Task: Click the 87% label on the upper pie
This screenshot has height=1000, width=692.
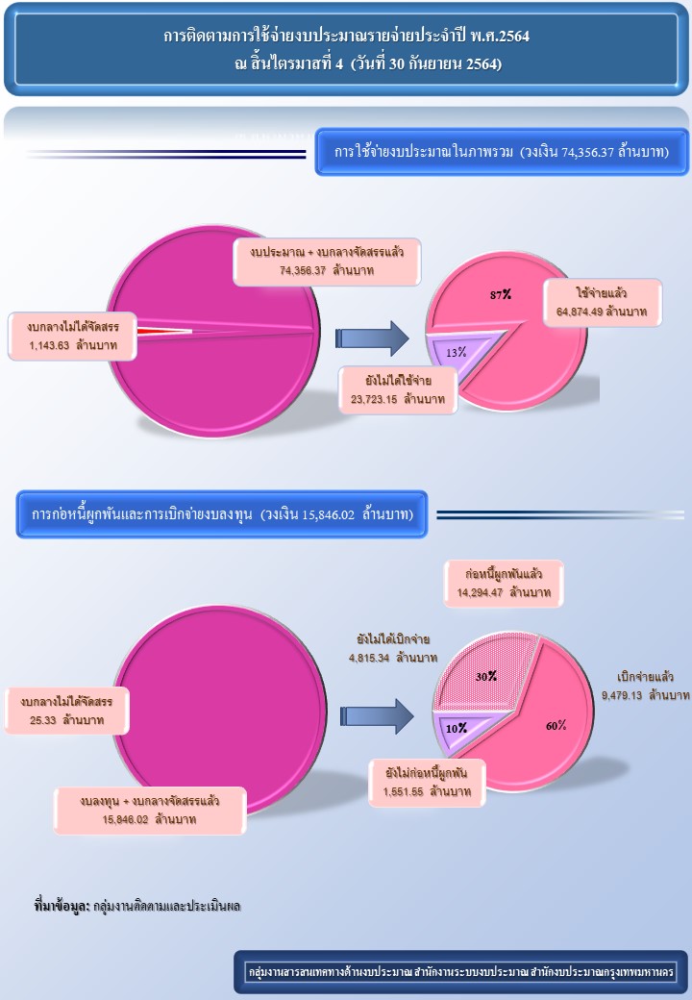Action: click(499, 295)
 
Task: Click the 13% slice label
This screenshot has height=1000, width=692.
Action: click(456, 353)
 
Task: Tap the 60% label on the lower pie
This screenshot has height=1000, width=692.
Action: click(556, 725)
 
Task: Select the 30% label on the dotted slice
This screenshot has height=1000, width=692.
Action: click(486, 676)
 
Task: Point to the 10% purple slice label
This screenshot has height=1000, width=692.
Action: click(456, 727)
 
